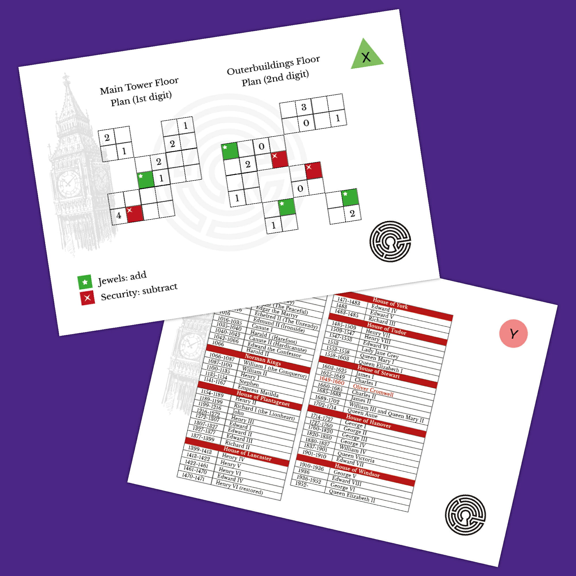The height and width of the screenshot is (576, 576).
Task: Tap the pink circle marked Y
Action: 513,333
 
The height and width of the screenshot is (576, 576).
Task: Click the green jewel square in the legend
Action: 85,282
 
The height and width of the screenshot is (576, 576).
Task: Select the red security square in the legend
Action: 88,298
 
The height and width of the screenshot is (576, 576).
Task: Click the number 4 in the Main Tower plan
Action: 119,215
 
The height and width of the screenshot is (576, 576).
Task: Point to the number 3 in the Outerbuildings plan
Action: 304,107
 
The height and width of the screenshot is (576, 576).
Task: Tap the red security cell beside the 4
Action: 134,213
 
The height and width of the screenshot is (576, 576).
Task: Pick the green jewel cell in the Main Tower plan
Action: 146,179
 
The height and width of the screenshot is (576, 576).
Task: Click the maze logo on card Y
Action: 465,515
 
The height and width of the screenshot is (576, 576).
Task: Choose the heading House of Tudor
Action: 386,329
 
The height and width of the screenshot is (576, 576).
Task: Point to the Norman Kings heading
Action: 263,359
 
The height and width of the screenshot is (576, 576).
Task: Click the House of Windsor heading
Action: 357,470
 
